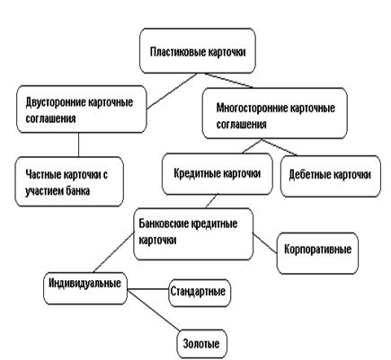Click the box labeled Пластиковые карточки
pos(198,51)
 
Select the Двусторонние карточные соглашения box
pos(82,110)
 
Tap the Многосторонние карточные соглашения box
pos(275,113)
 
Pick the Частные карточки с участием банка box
pos(69,181)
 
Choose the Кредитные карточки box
pos(218,174)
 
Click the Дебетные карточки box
pos(331,176)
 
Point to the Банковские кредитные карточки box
pos(193,234)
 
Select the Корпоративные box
pos(317,253)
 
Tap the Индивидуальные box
pos(85,288)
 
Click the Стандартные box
pos(200,293)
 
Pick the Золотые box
pos(202,344)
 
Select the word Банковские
pos(163,224)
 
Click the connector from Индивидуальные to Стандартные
pos(148,289)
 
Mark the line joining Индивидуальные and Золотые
pos(155,311)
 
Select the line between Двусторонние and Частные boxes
pos(78,145)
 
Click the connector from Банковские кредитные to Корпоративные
pos(265,243)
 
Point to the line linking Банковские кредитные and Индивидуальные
pos(113,253)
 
